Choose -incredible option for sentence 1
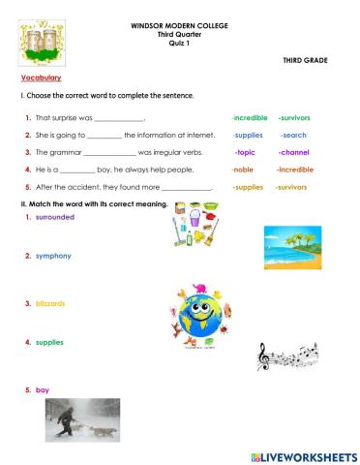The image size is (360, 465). coord(250,116)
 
